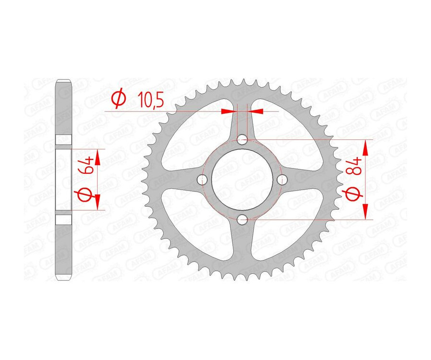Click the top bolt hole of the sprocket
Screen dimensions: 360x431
click(x=243, y=140)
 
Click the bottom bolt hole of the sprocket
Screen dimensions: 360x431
click(x=243, y=220)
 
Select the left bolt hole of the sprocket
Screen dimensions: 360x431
click(x=203, y=180)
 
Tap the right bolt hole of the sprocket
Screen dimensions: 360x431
click(x=283, y=180)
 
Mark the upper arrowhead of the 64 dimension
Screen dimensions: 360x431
click(x=98, y=157)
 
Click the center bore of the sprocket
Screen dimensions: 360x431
click(x=243, y=180)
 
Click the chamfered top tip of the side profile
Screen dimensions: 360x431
click(x=64, y=81)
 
